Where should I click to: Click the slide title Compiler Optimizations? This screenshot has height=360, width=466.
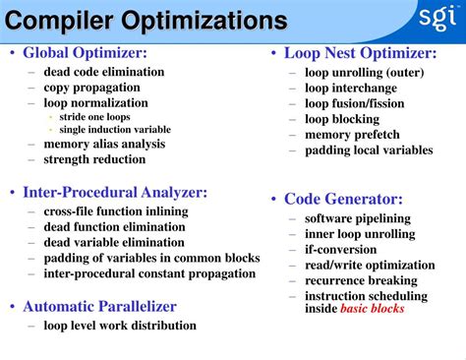coord(147,20)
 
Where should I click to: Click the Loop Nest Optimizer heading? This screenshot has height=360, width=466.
coord(360,54)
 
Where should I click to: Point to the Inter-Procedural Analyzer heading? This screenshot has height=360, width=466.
coord(115,193)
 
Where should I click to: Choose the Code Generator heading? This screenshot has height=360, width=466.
coord(343,199)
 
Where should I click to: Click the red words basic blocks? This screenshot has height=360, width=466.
coord(372,309)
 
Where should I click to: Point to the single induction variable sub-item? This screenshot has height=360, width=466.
coord(115,129)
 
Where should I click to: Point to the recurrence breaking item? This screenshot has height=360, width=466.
coord(361,280)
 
